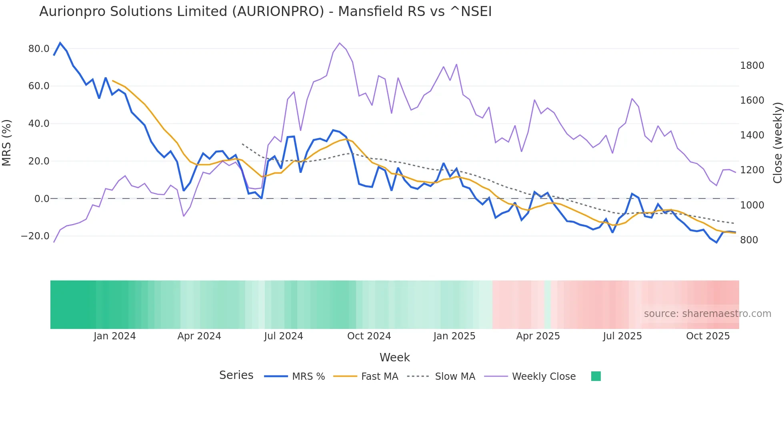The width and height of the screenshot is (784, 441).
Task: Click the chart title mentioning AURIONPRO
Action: click(265, 12)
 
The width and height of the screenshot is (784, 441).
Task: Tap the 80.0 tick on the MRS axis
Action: click(39, 49)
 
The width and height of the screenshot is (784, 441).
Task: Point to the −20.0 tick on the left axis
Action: click(35, 236)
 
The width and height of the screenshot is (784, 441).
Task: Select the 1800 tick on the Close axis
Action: click(752, 66)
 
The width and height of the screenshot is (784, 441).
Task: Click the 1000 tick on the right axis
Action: click(752, 205)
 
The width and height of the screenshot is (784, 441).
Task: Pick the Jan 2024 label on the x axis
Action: click(115, 336)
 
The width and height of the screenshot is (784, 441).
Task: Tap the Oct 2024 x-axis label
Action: click(369, 336)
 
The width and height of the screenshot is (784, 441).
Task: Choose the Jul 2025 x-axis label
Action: click(622, 336)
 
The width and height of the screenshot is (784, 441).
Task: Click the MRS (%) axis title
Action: click(7, 142)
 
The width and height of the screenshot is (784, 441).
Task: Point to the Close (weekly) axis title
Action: click(777, 142)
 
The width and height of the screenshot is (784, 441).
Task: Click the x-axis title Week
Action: click(394, 357)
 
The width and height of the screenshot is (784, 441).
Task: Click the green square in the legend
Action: click(596, 376)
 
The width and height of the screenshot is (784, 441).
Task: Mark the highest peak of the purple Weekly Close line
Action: click(340, 43)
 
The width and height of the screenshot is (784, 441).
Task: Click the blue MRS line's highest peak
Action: click(60, 43)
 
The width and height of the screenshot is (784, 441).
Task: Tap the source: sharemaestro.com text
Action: click(707, 314)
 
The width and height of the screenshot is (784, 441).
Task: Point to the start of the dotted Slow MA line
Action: click(242, 144)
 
